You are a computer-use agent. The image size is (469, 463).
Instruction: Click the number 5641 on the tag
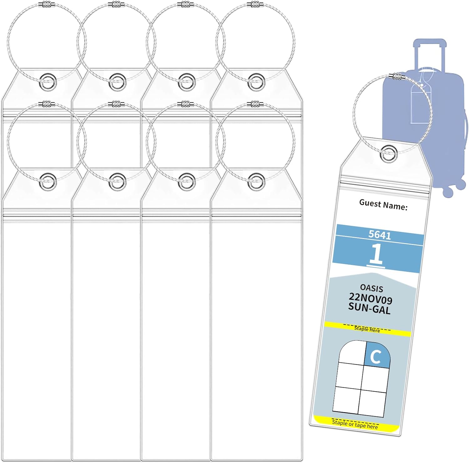[380, 235]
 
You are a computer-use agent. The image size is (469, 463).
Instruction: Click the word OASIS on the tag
[371, 288]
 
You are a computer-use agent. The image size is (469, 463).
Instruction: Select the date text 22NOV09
[371, 298]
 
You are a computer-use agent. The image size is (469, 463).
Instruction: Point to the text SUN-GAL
[369, 308]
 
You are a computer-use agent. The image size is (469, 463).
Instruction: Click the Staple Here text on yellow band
[367, 329]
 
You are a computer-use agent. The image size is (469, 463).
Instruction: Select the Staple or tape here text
[355, 424]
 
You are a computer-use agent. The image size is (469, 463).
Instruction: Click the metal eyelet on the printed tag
[388, 153]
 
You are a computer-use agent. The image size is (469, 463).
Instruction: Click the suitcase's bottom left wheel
[448, 192]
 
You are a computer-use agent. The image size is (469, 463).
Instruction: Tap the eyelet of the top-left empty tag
[48, 82]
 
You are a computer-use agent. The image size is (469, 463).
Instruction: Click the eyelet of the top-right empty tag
[256, 82]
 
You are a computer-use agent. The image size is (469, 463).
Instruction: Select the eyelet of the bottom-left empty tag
[48, 182]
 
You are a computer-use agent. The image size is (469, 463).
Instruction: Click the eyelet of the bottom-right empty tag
[256, 182]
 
